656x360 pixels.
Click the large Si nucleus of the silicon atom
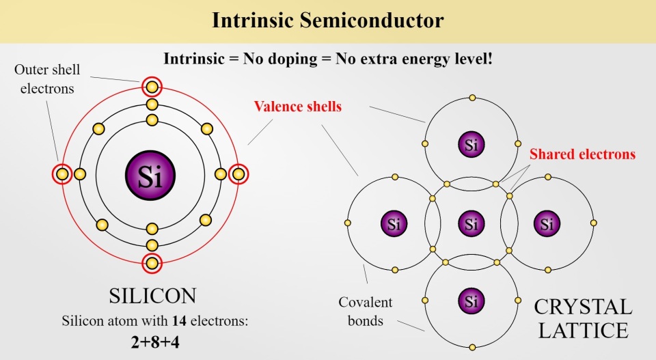[x=150, y=175]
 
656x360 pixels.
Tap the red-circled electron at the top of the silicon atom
[x=152, y=87]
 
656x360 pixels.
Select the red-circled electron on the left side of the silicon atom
[x=62, y=174]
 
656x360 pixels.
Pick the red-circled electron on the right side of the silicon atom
[x=238, y=174]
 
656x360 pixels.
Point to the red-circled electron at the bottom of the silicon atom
[x=152, y=264]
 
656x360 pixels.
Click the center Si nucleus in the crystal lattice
[x=471, y=223]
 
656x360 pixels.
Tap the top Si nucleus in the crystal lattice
[x=471, y=145]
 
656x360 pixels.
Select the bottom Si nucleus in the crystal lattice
[x=471, y=301]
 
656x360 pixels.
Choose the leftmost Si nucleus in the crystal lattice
[x=394, y=223]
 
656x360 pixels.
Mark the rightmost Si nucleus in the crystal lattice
[x=547, y=223]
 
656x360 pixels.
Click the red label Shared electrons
[x=582, y=154]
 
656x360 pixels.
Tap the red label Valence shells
[x=298, y=106]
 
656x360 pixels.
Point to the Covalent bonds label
[x=365, y=311]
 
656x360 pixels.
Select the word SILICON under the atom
[x=152, y=296]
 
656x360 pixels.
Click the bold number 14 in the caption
[x=179, y=320]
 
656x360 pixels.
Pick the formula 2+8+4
[x=155, y=342]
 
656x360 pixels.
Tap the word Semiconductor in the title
[x=372, y=20]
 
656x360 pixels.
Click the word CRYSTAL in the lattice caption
[x=583, y=307]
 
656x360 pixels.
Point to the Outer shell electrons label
[x=47, y=79]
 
